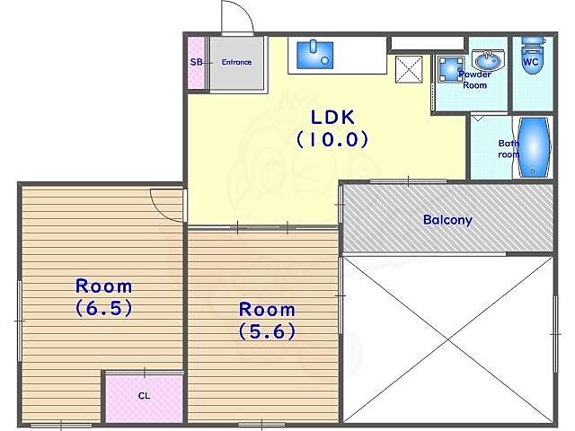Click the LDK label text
click(332, 118)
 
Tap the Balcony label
click(447, 220)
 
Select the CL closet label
click(144, 396)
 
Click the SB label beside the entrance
click(196, 62)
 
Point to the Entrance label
click(236, 62)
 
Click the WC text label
click(531, 62)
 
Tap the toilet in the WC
click(533, 55)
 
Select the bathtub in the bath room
click(534, 147)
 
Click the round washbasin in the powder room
click(488, 60)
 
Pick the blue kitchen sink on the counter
click(315, 55)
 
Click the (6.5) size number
click(104, 308)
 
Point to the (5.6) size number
click(267, 331)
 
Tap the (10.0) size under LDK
click(332, 140)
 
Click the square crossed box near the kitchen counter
click(409, 69)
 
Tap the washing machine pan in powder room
click(451, 68)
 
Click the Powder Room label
click(475, 80)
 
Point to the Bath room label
click(509, 149)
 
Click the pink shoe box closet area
click(197, 62)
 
